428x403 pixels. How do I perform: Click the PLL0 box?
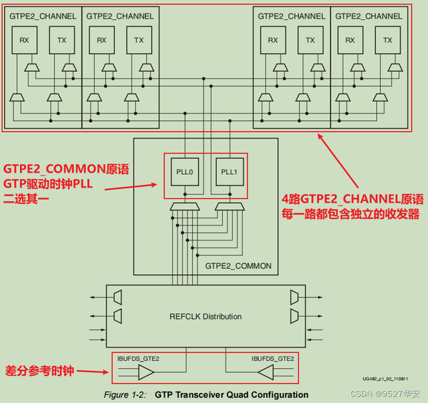(185, 172)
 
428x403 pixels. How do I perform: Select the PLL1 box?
(228, 172)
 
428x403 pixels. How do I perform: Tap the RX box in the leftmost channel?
(24, 41)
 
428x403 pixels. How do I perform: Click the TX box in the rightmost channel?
(387, 41)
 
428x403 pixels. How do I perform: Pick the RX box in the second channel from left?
(101, 41)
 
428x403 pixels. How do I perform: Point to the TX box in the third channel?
(310, 41)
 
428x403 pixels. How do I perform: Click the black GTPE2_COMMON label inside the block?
(238, 266)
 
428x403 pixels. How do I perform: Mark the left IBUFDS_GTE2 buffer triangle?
(146, 372)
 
